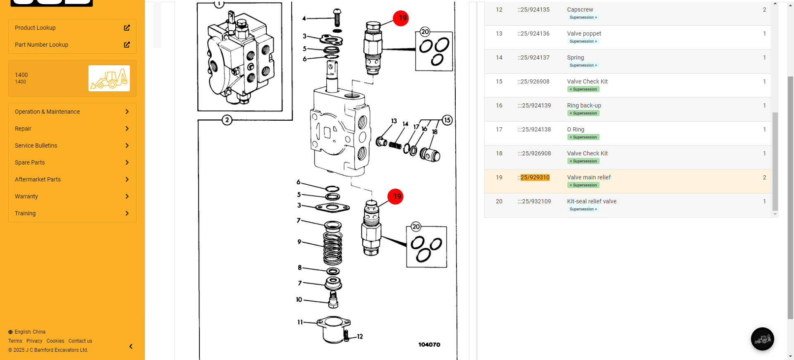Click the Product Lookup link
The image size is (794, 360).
tap(35, 28)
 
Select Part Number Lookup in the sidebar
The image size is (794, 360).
tap(41, 45)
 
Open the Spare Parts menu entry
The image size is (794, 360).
tap(30, 162)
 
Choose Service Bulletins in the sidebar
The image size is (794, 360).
tap(36, 145)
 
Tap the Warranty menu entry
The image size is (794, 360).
tap(26, 196)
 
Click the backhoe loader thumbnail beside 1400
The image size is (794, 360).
tap(109, 78)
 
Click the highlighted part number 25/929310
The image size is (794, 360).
tap(535, 177)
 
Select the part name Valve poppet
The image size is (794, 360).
tap(584, 33)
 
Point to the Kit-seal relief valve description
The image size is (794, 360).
tap(591, 201)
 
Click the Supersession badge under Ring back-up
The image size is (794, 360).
tap(583, 113)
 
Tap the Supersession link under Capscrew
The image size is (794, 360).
tap(583, 17)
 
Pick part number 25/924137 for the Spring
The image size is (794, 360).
tap(535, 57)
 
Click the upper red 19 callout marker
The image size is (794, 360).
tap(401, 18)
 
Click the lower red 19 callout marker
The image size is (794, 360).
tap(395, 196)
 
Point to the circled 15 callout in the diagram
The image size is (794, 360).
tap(447, 120)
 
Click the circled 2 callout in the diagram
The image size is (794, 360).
tap(227, 120)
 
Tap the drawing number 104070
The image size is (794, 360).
tap(429, 344)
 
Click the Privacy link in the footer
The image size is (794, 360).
tap(34, 341)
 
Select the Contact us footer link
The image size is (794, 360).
tap(80, 341)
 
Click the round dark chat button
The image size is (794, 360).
tap(762, 339)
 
